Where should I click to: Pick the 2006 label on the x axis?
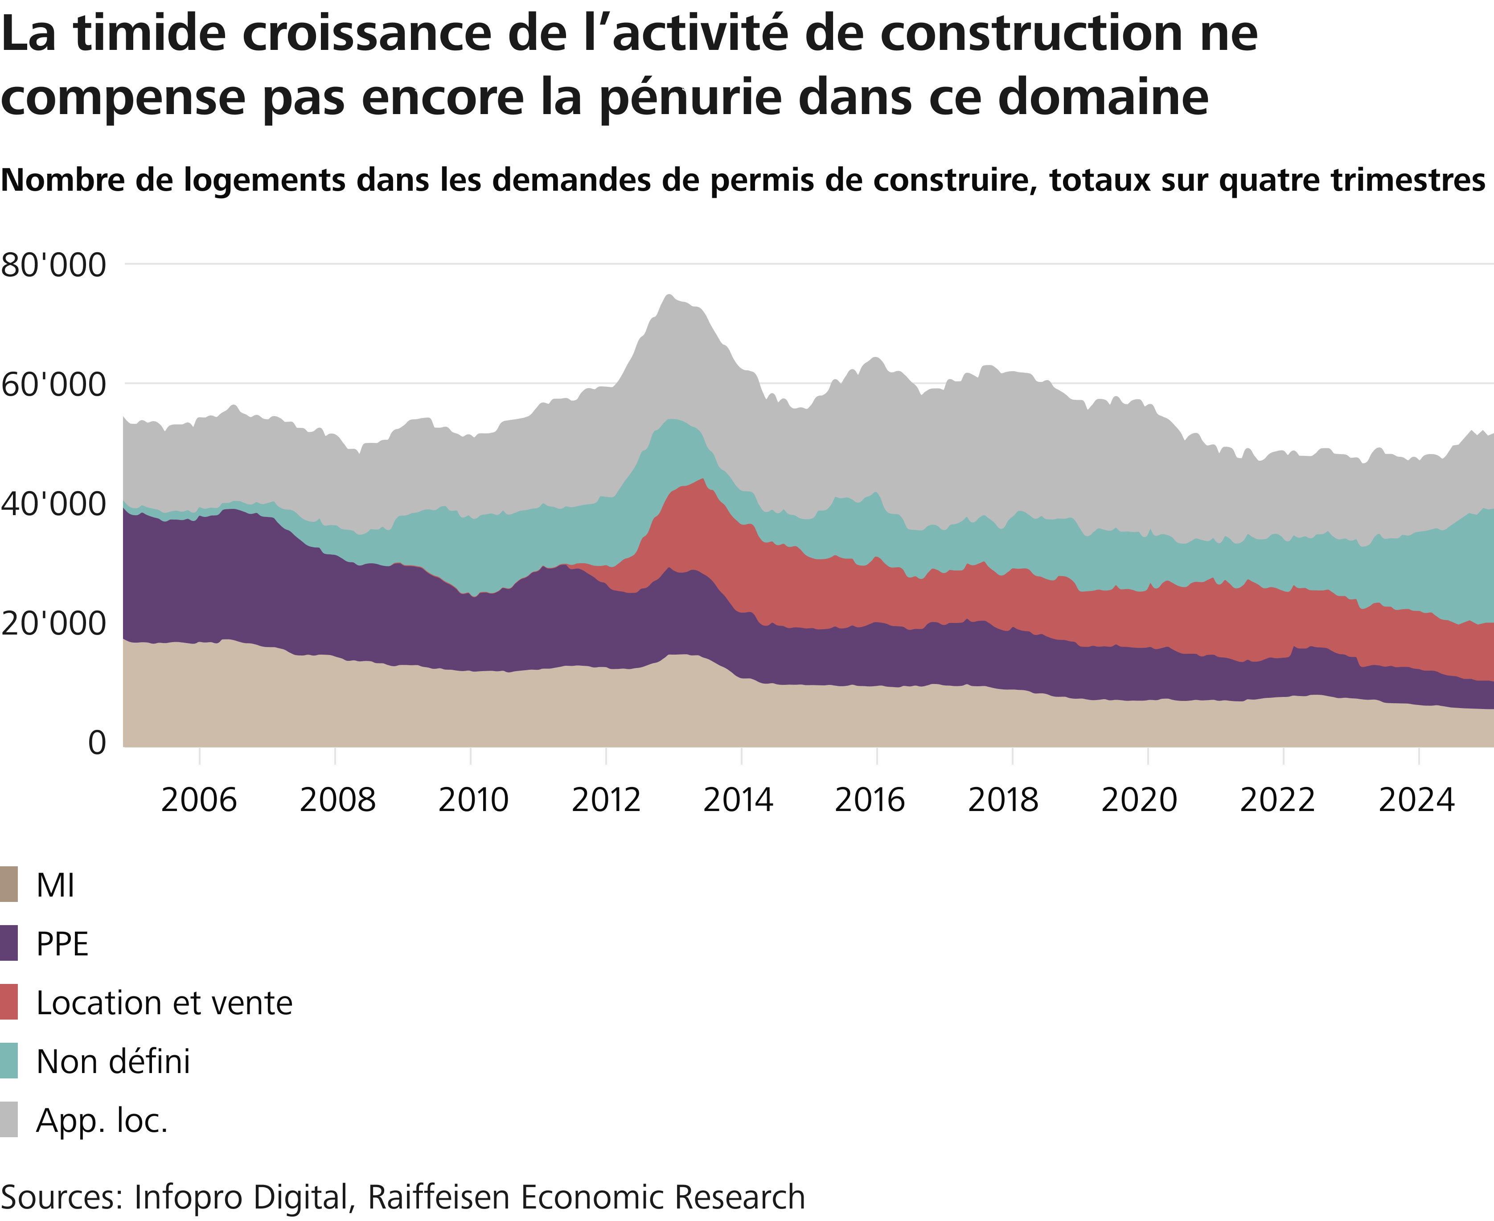[199, 800]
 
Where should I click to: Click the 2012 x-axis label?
[606, 800]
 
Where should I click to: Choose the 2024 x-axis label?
[1416, 800]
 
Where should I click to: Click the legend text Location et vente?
[164, 1003]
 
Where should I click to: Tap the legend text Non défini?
[113, 1061]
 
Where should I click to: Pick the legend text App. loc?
[102, 1120]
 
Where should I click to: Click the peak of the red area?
[703, 479]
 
